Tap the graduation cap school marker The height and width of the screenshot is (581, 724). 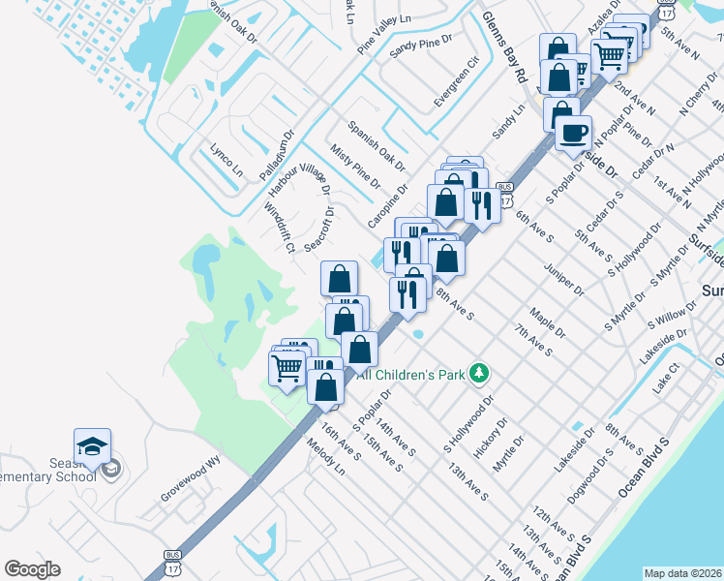92,446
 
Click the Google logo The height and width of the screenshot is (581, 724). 33,568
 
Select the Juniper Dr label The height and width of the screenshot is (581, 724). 564,278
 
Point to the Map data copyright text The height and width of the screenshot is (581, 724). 682,572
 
